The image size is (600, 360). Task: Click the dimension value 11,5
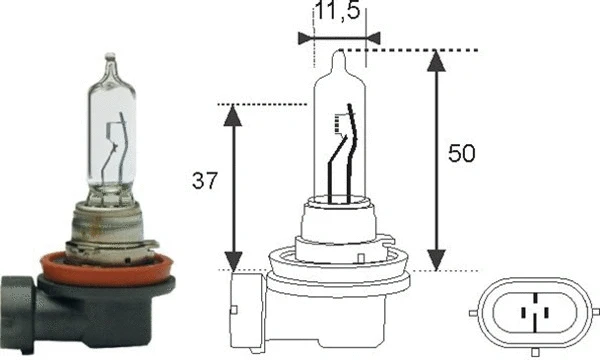coord(340,13)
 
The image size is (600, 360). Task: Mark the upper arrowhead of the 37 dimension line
coord(233,115)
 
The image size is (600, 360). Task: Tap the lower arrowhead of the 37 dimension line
coord(233,258)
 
